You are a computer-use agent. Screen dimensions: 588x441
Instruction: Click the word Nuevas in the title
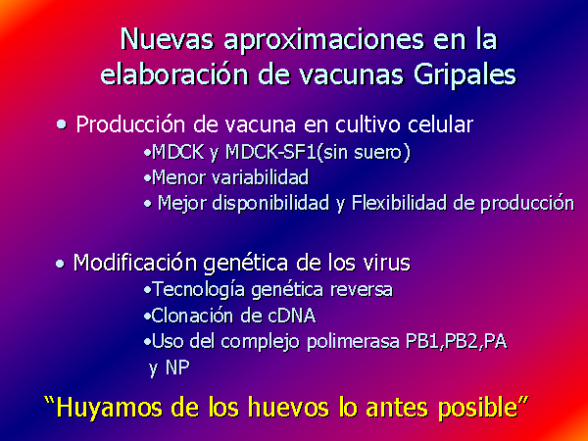click(168, 38)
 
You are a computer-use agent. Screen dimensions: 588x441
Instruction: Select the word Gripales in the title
click(465, 75)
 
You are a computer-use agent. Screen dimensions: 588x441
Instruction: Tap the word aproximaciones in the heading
click(324, 40)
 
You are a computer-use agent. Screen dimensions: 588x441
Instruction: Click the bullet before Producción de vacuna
click(62, 124)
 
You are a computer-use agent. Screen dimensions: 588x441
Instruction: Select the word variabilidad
click(261, 177)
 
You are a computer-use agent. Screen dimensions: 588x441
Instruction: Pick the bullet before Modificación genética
click(60, 264)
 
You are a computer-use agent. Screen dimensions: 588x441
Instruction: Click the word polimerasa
click(353, 342)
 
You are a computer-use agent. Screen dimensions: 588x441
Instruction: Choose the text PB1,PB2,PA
click(457, 342)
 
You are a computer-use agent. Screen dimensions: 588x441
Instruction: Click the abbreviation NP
click(177, 367)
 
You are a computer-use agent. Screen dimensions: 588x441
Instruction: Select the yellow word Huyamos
click(109, 408)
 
